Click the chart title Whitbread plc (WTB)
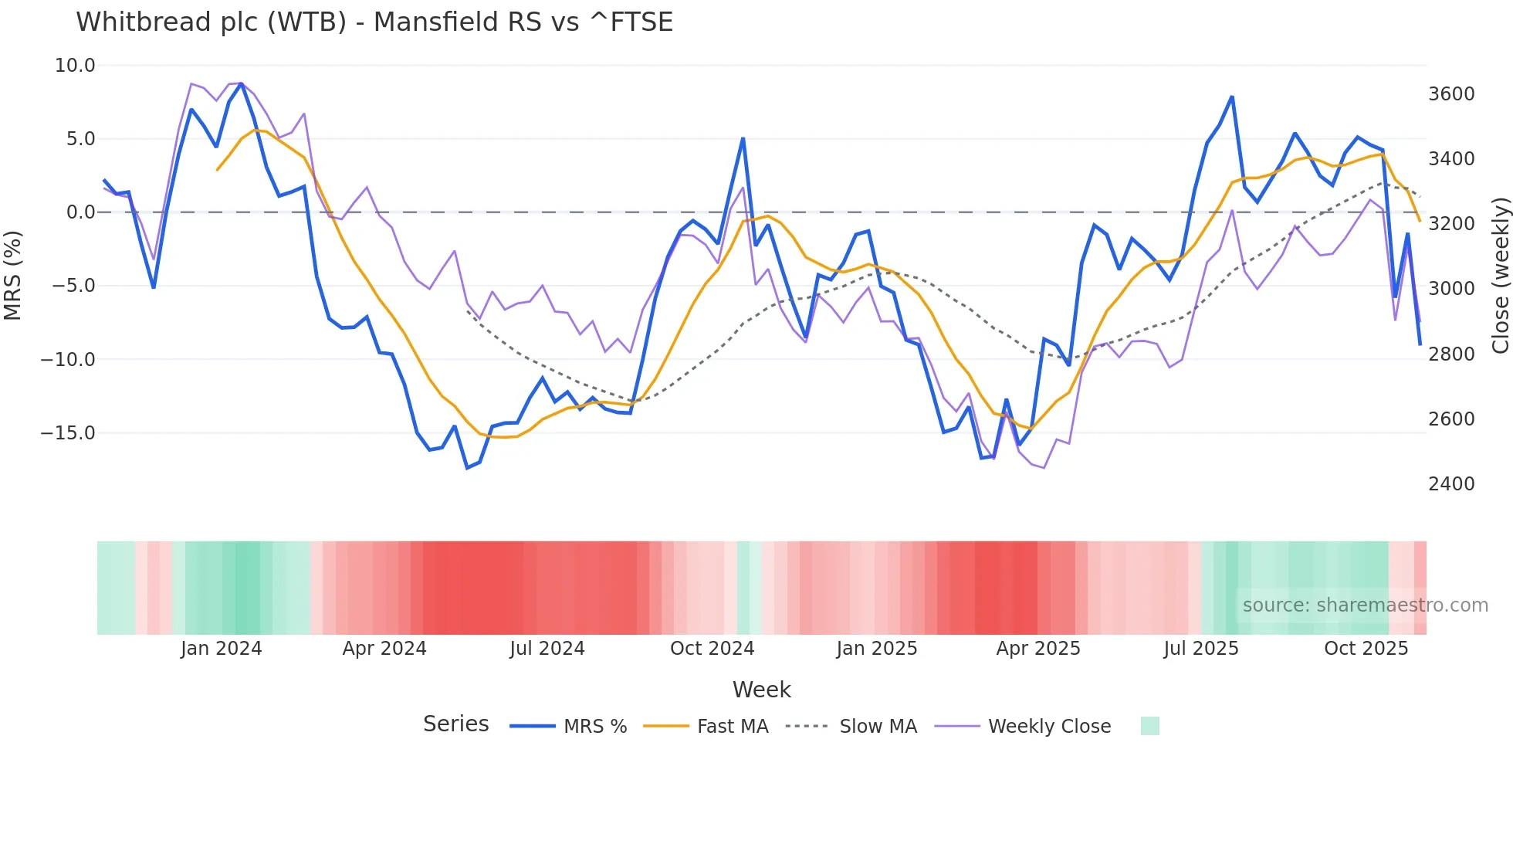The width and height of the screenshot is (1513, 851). [x=374, y=22]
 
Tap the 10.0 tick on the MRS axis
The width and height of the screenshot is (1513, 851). [x=75, y=66]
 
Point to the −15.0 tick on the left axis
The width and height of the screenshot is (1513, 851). [x=68, y=433]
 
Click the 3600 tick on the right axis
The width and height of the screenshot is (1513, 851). [x=1451, y=94]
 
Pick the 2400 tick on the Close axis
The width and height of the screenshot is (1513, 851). [x=1451, y=484]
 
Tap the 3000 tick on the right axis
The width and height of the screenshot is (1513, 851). [x=1451, y=289]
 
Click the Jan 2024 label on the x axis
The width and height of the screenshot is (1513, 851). [x=222, y=649]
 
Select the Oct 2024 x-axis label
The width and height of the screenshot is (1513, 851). [x=712, y=649]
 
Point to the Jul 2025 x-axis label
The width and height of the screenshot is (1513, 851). [x=1201, y=649]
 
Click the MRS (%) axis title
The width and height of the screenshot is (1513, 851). [x=12, y=276]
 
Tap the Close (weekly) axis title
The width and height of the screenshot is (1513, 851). [x=1500, y=276]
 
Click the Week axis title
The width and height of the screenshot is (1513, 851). [x=761, y=690]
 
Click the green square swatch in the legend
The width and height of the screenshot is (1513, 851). [x=1149, y=726]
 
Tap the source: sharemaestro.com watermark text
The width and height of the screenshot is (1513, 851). [x=1365, y=605]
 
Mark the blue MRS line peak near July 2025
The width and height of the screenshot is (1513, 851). [x=1232, y=97]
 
